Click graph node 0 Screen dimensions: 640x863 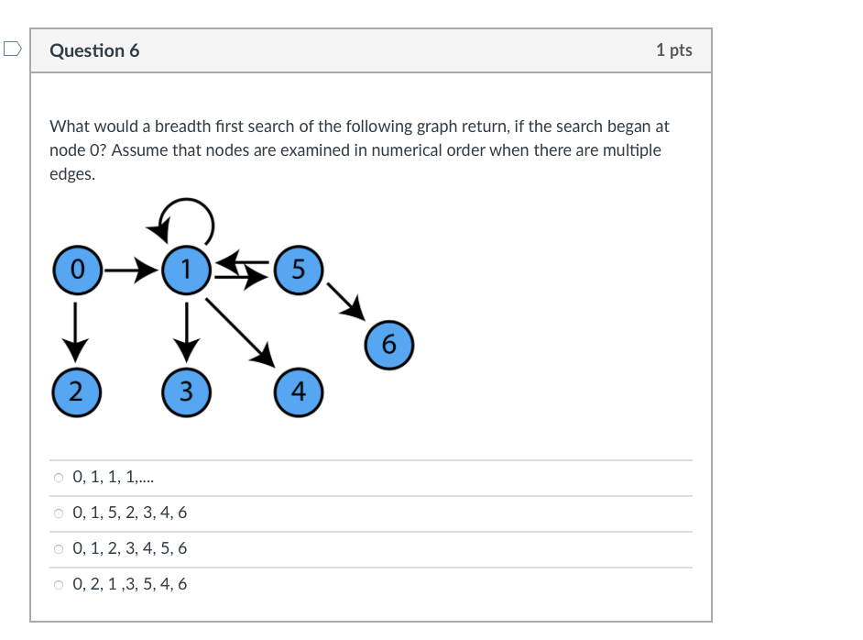pyautogui.click(x=78, y=270)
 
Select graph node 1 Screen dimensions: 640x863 pyautogui.click(x=186, y=270)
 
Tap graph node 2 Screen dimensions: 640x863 pyautogui.click(x=76, y=392)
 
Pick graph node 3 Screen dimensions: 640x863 pyautogui.click(x=186, y=392)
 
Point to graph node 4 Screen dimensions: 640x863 pyautogui.click(x=298, y=392)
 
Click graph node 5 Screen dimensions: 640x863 pyautogui.click(x=297, y=270)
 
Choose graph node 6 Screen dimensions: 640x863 pyautogui.click(x=388, y=345)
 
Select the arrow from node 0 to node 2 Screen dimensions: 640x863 pyautogui.click(x=76, y=330)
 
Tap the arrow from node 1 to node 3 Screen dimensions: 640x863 pyautogui.click(x=187, y=330)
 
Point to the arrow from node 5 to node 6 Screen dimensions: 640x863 pyautogui.click(x=345, y=301)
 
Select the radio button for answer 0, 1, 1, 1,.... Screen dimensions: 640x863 pyautogui.click(x=59, y=478)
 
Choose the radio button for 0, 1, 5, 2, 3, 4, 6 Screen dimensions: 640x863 pyautogui.click(x=59, y=513)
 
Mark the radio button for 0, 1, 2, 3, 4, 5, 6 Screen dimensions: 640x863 pyautogui.click(x=59, y=549)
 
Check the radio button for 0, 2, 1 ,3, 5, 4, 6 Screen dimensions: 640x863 pyautogui.click(x=59, y=585)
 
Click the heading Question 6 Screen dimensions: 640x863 pyautogui.click(x=94, y=51)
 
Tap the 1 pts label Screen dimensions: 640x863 pyautogui.click(x=674, y=50)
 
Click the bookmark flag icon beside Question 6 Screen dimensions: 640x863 pyautogui.click(x=11, y=50)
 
